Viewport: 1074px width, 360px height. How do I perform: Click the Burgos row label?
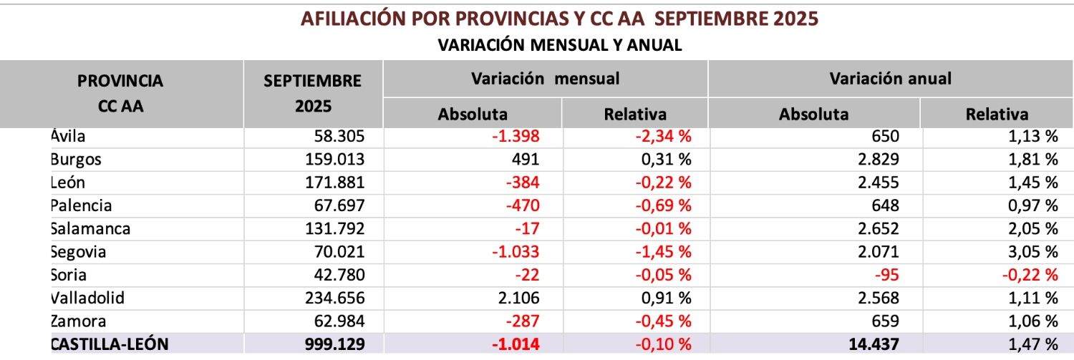coord(76,159)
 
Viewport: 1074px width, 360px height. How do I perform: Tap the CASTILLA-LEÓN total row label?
coord(110,344)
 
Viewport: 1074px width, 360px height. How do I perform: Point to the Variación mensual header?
coord(545,79)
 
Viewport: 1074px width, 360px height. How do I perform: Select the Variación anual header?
coord(890,79)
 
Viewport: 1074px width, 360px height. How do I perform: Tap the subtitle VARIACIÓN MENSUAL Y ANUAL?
coord(559,45)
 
